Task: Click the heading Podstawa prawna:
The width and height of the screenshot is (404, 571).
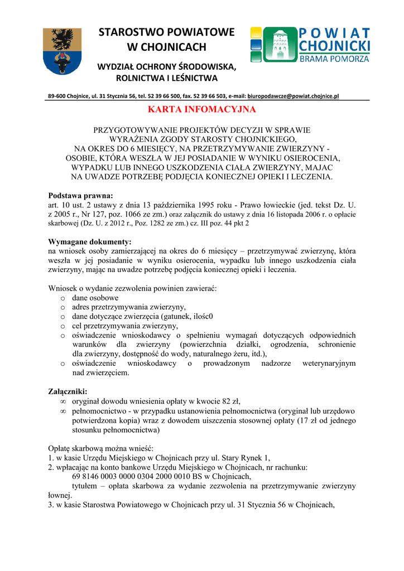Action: pyautogui.click(x=80, y=196)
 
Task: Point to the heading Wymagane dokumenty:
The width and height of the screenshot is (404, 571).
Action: pyautogui.click(x=90, y=241)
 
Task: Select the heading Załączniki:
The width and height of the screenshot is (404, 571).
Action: pyautogui.click(x=68, y=391)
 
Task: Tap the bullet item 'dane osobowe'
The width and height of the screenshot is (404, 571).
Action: pyautogui.click(x=95, y=298)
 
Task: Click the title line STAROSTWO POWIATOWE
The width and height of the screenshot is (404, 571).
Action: pyautogui.click(x=167, y=32)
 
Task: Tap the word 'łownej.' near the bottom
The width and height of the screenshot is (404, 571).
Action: pyautogui.click(x=60, y=495)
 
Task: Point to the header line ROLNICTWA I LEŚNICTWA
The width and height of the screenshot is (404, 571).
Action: pyautogui.click(x=167, y=78)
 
